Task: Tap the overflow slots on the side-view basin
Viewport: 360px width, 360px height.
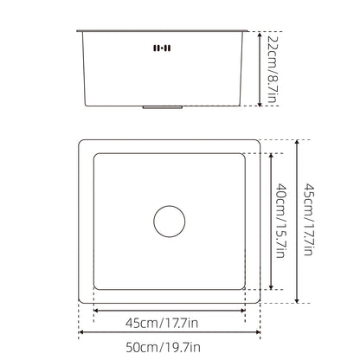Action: pyautogui.click(x=162, y=48)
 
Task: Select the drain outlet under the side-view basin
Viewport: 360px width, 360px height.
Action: pyautogui.click(x=163, y=107)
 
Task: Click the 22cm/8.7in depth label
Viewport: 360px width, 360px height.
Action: pyautogui.click(x=272, y=69)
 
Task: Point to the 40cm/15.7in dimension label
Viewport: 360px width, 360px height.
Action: pyautogui.click(x=280, y=221)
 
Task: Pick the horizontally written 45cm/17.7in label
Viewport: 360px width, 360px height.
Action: pyautogui.click(x=162, y=323)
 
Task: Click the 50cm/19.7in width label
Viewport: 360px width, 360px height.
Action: pyautogui.click(x=163, y=347)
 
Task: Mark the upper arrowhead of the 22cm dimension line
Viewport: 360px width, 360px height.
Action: pyautogui.click(x=260, y=35)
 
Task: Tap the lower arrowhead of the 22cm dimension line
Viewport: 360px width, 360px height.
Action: pyautogui.click(x=260, y=103)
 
